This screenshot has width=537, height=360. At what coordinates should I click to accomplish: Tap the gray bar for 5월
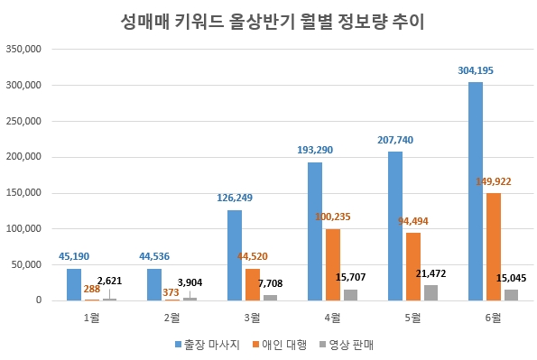431,292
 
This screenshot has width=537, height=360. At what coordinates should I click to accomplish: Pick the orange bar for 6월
493,246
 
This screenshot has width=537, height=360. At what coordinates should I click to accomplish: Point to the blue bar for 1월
74,284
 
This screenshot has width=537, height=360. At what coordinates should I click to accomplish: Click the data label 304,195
475,69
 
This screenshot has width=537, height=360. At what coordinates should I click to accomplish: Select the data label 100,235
333,217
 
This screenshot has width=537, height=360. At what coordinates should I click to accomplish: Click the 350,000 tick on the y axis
24,50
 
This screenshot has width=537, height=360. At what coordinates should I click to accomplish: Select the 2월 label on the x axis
171,318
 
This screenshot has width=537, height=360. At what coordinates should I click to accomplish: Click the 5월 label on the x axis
412,318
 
